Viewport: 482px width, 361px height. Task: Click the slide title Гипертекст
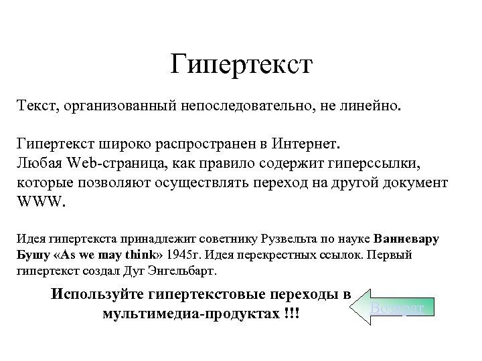240,65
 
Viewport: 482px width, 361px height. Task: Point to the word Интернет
307,144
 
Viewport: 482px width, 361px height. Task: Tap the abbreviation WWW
40,203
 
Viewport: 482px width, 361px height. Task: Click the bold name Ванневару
408,239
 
